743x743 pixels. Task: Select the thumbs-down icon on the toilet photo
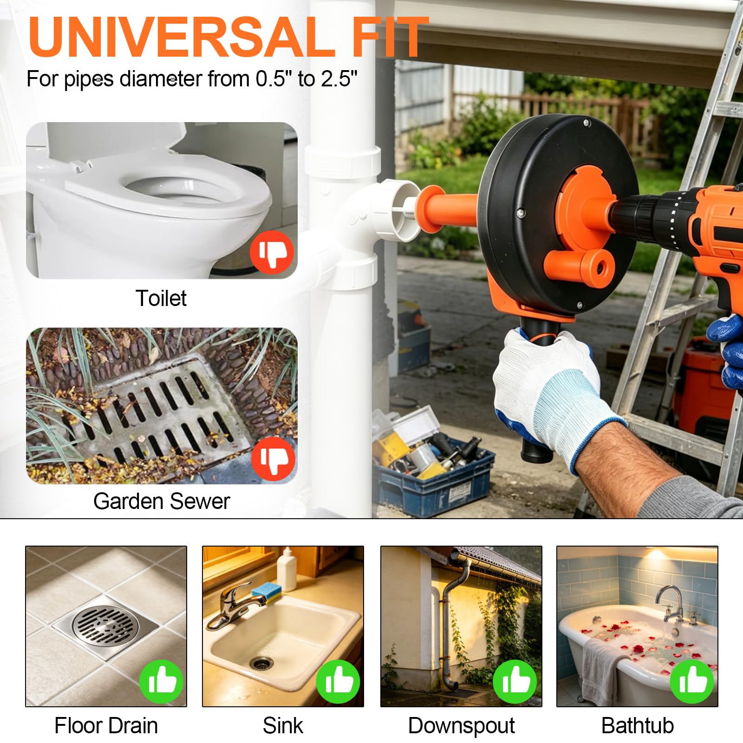(272, 252)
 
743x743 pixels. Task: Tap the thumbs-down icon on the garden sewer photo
(273, 458)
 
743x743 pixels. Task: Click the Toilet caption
(161, 298)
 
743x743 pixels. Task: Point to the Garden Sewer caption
(162, 501)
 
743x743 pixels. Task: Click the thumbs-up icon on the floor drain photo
(162, 681)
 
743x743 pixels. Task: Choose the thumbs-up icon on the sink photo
(338, 681)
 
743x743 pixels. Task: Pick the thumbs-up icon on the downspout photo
(515, 681)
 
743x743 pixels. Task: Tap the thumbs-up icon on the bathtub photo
(692, 681)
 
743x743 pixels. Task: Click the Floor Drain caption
(106, 726)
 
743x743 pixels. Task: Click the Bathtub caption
(638, 726)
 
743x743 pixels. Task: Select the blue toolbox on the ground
(434, 476)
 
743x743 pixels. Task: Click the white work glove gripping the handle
(555, 395)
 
